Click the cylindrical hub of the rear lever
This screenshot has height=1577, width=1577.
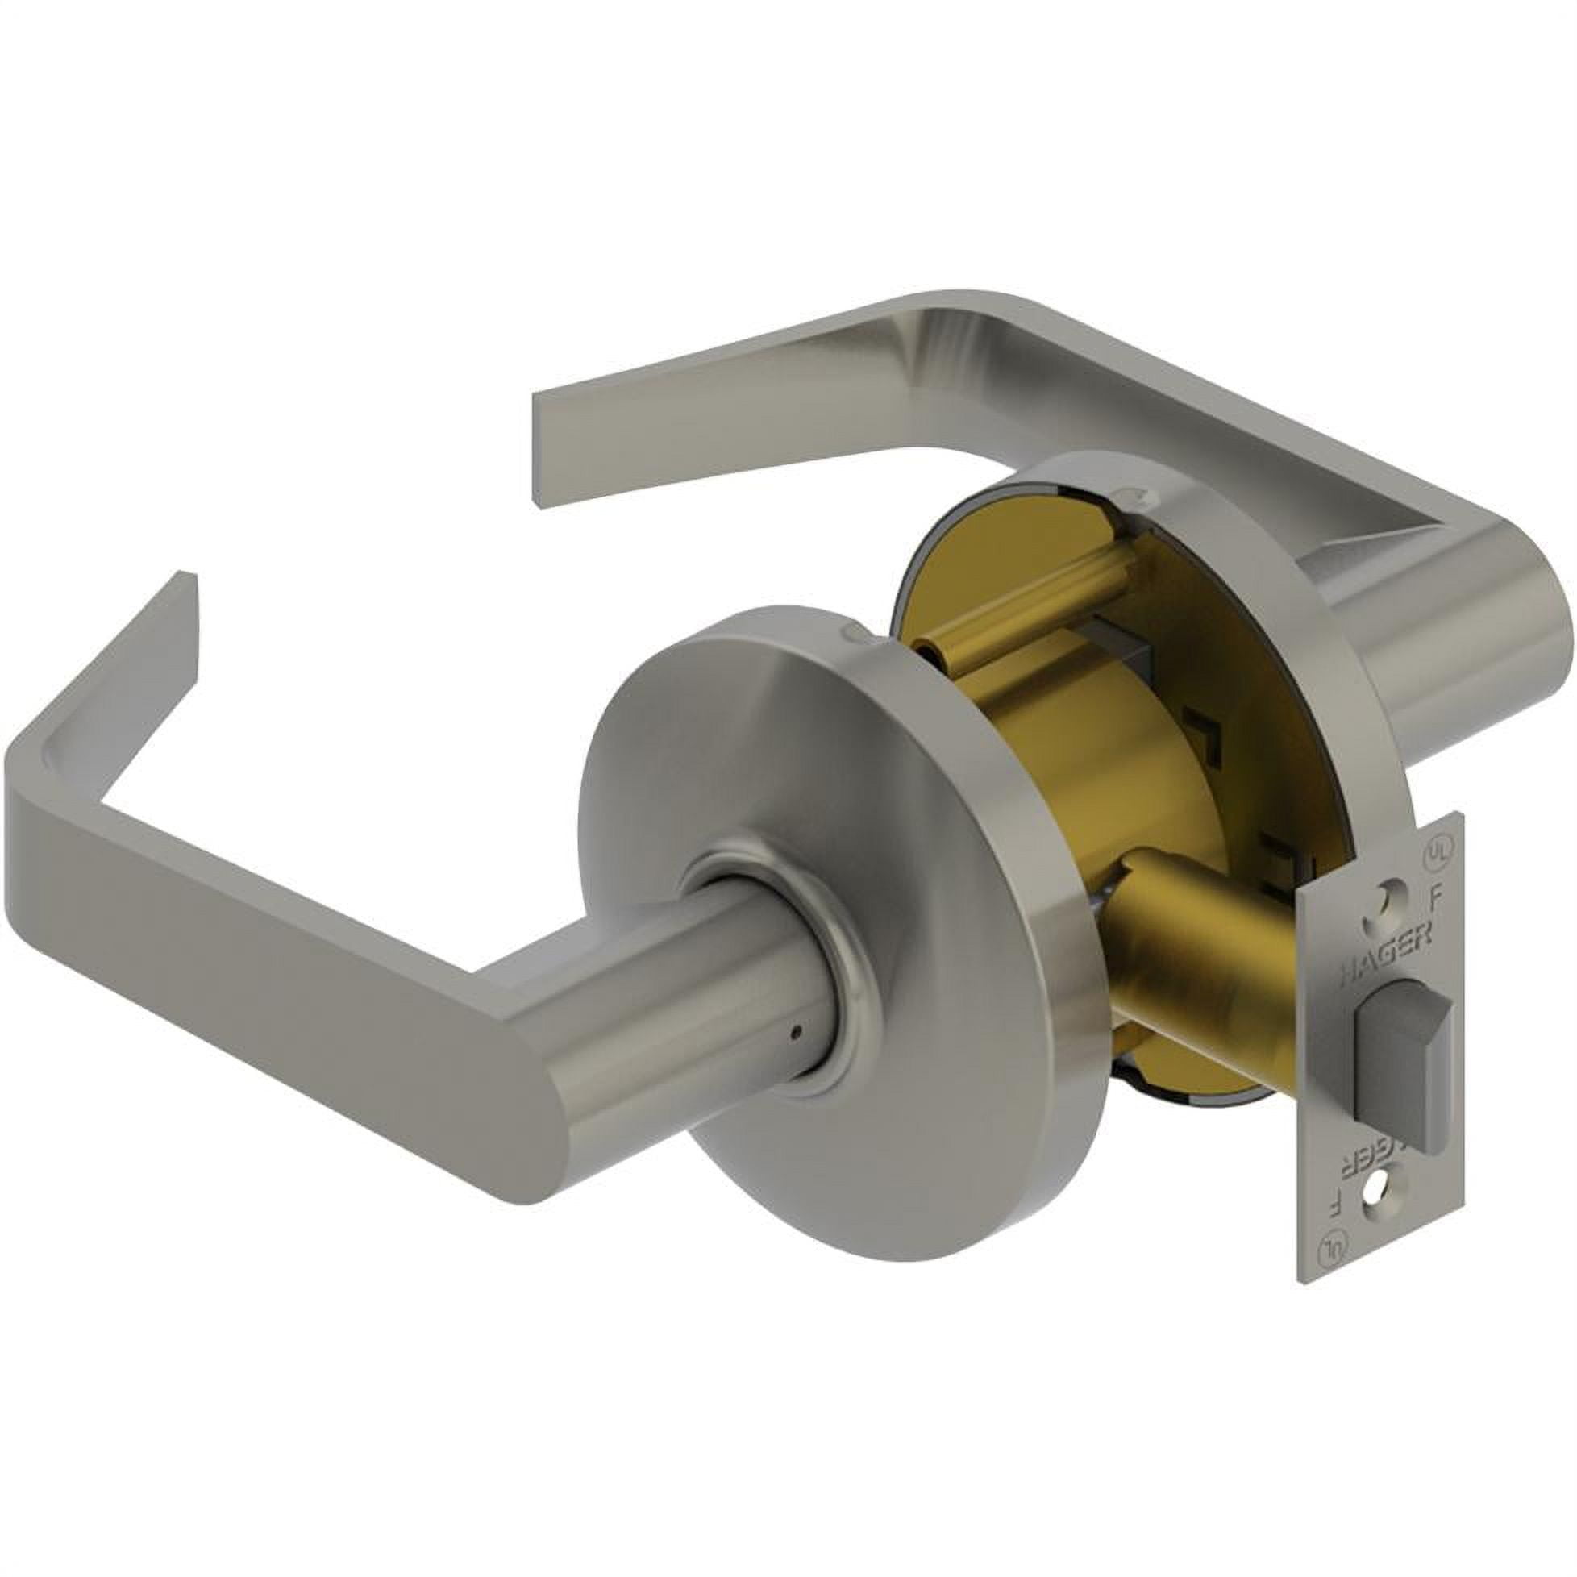(1469, 645)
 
